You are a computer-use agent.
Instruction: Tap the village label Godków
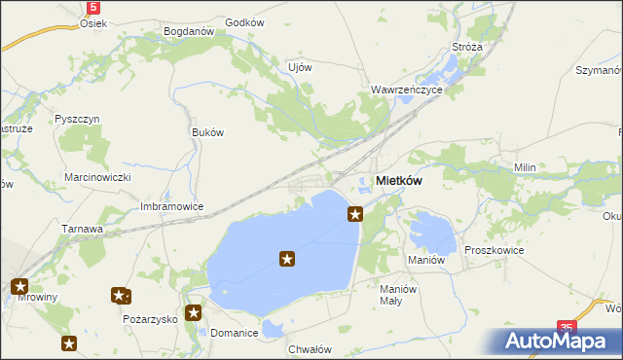click(244, 22)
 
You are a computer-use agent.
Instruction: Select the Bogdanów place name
click(189, 31)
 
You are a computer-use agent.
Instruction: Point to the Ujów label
click(300, 67)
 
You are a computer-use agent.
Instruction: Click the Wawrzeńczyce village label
click(407, 90)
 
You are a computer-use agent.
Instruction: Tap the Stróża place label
click(467, 46)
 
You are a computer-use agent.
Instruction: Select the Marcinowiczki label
click(97, 177)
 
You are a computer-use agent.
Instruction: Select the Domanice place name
click(235, 333)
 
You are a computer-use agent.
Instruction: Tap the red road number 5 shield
click(92, 7)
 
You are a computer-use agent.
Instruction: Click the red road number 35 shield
click(568, 329)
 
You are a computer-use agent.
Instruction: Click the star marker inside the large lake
click(287, 258)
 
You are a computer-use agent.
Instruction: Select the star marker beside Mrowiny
click(19, 286)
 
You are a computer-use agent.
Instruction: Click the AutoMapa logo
click(558, 341)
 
